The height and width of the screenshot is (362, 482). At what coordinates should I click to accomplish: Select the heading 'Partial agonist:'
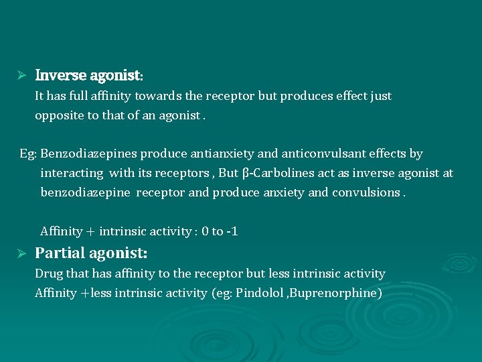click(x=91, y=253)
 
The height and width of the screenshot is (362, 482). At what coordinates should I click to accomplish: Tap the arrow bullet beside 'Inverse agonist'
click(x=21, y=75)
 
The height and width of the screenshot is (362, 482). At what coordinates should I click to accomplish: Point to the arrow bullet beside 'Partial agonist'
click(x=21, y=254)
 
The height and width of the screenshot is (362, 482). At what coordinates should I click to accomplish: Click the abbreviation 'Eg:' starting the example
click(x=28, y=154)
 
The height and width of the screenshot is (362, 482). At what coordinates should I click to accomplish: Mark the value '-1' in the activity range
click(x=232, y=232)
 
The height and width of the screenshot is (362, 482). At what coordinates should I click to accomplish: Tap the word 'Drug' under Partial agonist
click(x=48, y=274)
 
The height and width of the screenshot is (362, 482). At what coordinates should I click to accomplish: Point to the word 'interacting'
click(x=72, y=174)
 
